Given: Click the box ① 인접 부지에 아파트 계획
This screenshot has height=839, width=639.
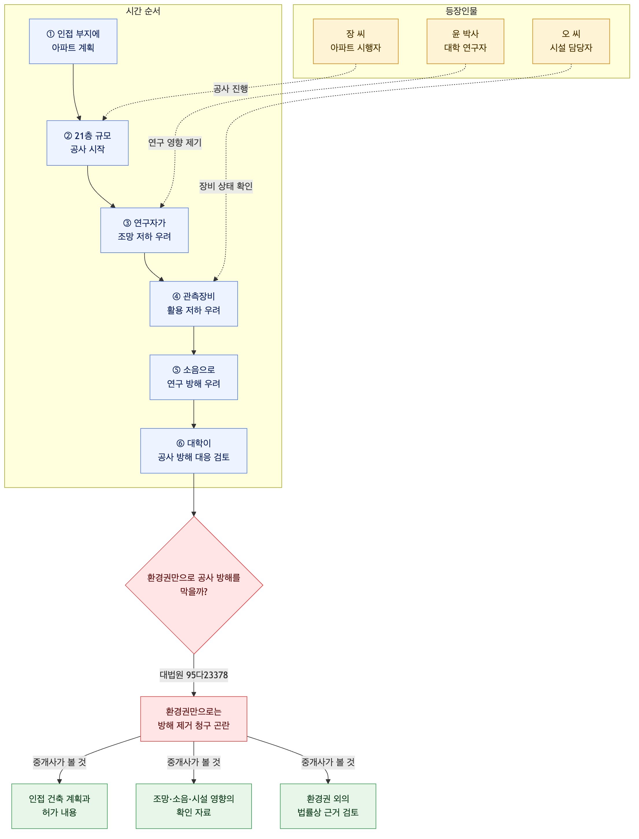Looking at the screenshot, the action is coord(73,41).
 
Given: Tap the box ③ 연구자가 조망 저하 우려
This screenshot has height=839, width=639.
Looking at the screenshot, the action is coord(145,230).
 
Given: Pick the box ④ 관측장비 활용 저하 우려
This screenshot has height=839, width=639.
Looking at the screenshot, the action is coord(194,304).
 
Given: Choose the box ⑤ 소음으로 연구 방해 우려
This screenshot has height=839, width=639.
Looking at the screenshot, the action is coord(194,377).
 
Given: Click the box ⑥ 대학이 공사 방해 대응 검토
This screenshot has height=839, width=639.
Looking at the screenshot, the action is coord(194,451).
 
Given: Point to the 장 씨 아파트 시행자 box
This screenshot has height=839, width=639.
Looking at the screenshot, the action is coord(356,41).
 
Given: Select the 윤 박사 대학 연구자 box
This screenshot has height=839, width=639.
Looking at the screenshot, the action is coord(465,41).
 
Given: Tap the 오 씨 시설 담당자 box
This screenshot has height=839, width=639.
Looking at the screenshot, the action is coord(571,41).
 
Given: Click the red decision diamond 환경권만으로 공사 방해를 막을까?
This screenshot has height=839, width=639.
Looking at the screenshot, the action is coord(194,585).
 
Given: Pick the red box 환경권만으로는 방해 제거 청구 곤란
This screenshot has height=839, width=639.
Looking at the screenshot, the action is coord(194,719).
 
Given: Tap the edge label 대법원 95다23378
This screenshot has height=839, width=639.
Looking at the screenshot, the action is coord(194,675).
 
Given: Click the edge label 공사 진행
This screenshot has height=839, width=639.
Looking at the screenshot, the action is coord(230,89).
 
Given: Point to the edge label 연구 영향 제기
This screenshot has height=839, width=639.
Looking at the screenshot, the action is coord(175,143).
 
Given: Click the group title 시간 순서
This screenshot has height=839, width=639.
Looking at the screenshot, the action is coord(143,11).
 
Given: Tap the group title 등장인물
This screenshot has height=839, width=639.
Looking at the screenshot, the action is coord(461,11).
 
